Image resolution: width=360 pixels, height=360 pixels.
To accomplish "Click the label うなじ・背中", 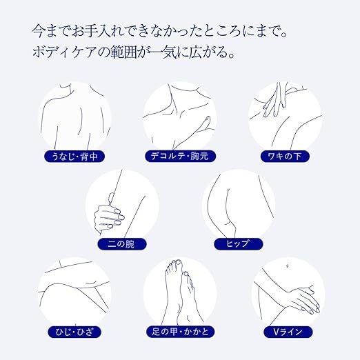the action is pos(74,157).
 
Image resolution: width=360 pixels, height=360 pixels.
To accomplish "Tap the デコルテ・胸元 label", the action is pos(180,157).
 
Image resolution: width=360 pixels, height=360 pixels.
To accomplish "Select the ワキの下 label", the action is pos(285,157).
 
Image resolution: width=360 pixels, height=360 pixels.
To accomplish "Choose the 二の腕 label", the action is pos(122,244).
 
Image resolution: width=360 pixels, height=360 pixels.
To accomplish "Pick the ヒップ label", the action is pos(238,244).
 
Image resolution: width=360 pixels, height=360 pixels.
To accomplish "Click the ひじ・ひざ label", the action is pos(74,332).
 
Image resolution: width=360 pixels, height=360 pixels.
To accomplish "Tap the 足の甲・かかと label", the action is pos(180,332).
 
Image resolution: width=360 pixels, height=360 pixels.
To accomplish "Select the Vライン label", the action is pos(288,332).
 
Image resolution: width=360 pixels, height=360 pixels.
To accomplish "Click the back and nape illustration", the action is pos(75,118).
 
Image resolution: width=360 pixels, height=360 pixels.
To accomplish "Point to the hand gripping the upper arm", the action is pos(108,216).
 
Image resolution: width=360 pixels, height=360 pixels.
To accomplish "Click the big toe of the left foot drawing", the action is pos(178,263).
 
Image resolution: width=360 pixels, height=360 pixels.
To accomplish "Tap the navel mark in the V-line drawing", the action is pos(287,266).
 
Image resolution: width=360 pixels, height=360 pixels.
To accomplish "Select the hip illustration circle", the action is pos(239,206).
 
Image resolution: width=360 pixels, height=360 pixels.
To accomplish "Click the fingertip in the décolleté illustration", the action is pos(208,118).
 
